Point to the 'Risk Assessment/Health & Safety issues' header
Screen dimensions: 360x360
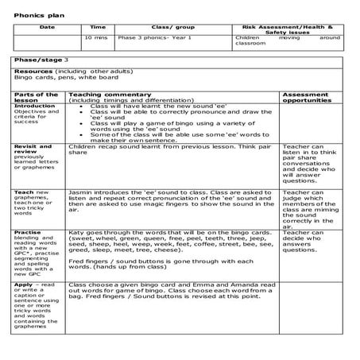click(x=288, y=30)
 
